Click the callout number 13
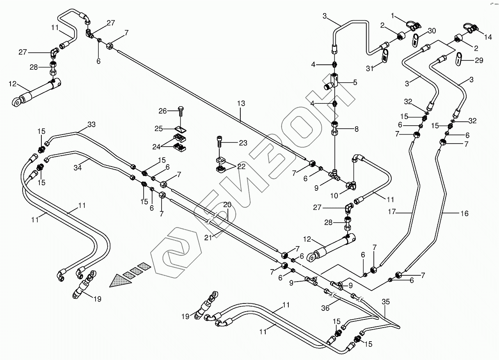[x=242, y=103]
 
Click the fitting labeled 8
[x=335, y=129]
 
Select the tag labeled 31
[x=385, y=56]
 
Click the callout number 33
[x=91, y=124]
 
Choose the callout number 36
[x=325, y=308]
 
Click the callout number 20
[x=227, y=205]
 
